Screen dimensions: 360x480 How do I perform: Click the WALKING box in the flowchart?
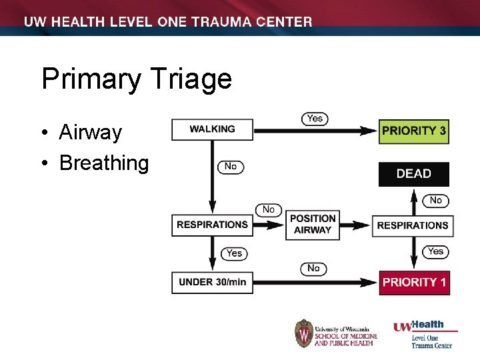point(212,129)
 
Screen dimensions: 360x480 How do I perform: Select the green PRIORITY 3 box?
point(413,131)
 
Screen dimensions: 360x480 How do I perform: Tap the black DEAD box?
point(413,174)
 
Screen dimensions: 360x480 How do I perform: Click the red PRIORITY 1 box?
point(413,282)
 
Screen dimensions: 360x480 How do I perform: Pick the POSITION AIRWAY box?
point(312,225)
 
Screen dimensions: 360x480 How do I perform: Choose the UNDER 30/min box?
point(212,282)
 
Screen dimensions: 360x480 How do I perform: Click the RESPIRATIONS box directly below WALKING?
point(212,225)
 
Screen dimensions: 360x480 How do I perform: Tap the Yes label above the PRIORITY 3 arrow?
point(314,119)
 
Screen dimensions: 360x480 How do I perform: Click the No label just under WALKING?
point(230,167)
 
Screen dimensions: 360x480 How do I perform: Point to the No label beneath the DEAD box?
point(435,200)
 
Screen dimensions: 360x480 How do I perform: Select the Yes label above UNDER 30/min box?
point(234,253)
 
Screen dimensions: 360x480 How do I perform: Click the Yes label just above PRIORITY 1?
point(435,251)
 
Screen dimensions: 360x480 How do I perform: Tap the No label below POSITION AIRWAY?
point(313,269)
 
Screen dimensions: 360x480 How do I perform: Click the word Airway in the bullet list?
point(90,133)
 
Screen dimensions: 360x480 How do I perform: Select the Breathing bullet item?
point(104,163)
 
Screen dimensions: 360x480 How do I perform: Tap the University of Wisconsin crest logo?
point(304,333)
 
